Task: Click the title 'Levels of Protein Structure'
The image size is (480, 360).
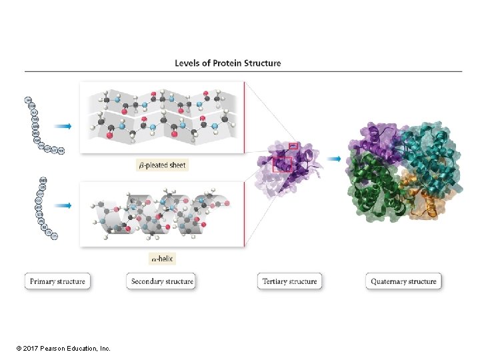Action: click(x=228, y=63)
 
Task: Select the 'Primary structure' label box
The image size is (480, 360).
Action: click(x=57, y=281)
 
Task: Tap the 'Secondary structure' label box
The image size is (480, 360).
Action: click(x=162, y=281)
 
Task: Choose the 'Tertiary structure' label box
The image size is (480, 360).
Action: click(x=289, y=281)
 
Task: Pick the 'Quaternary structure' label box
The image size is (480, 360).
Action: click(x=403, y=281)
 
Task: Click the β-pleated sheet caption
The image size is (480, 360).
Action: click(x=163, y=165)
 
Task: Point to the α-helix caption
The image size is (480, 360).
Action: click(x=161, y=258)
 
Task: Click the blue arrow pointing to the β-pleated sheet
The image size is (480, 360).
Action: click(x=63, y=126)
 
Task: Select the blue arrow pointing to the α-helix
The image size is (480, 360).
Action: click(x=63, y=205)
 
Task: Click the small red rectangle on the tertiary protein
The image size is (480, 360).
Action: click(x=293, y=145)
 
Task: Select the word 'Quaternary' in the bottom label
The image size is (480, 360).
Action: click(x=389, y=281)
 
